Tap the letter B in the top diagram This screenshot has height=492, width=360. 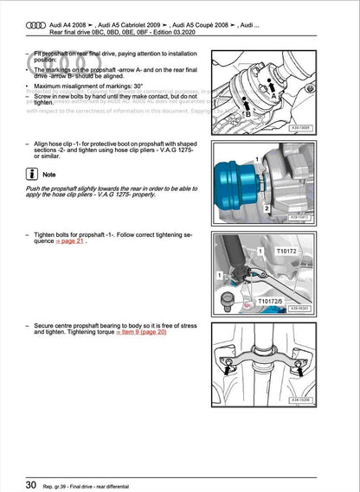click(x=247, y=114)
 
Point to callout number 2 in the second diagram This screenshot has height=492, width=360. click(x=269, y=209)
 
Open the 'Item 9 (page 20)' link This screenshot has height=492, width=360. click(x=136, y=331)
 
